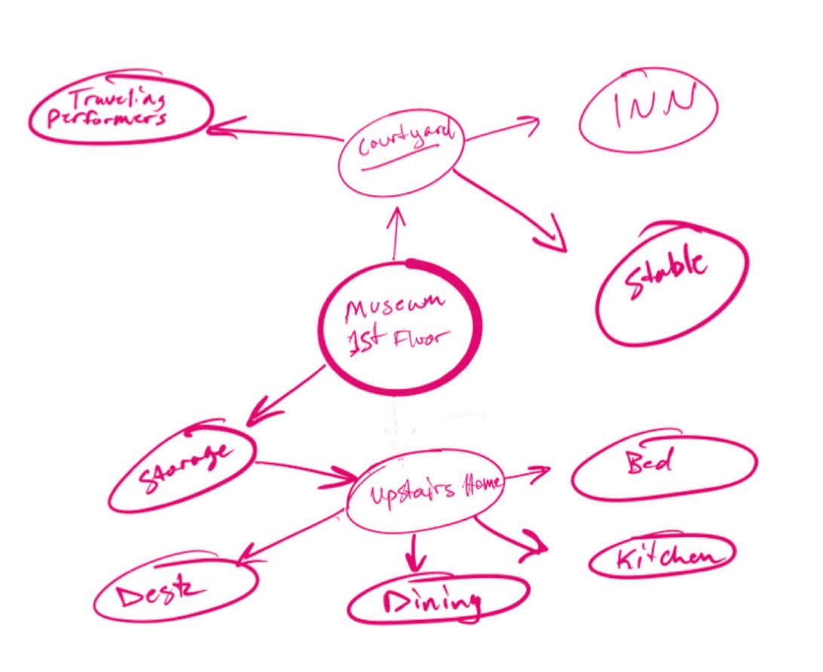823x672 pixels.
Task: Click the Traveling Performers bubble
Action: (119, 111)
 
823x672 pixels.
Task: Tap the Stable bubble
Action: (671, 283)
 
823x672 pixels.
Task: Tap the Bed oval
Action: (663, 466)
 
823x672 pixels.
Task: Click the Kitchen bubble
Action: (662, 557)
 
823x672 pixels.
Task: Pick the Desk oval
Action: (175, 589)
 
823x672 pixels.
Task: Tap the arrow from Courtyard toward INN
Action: (501, 129)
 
